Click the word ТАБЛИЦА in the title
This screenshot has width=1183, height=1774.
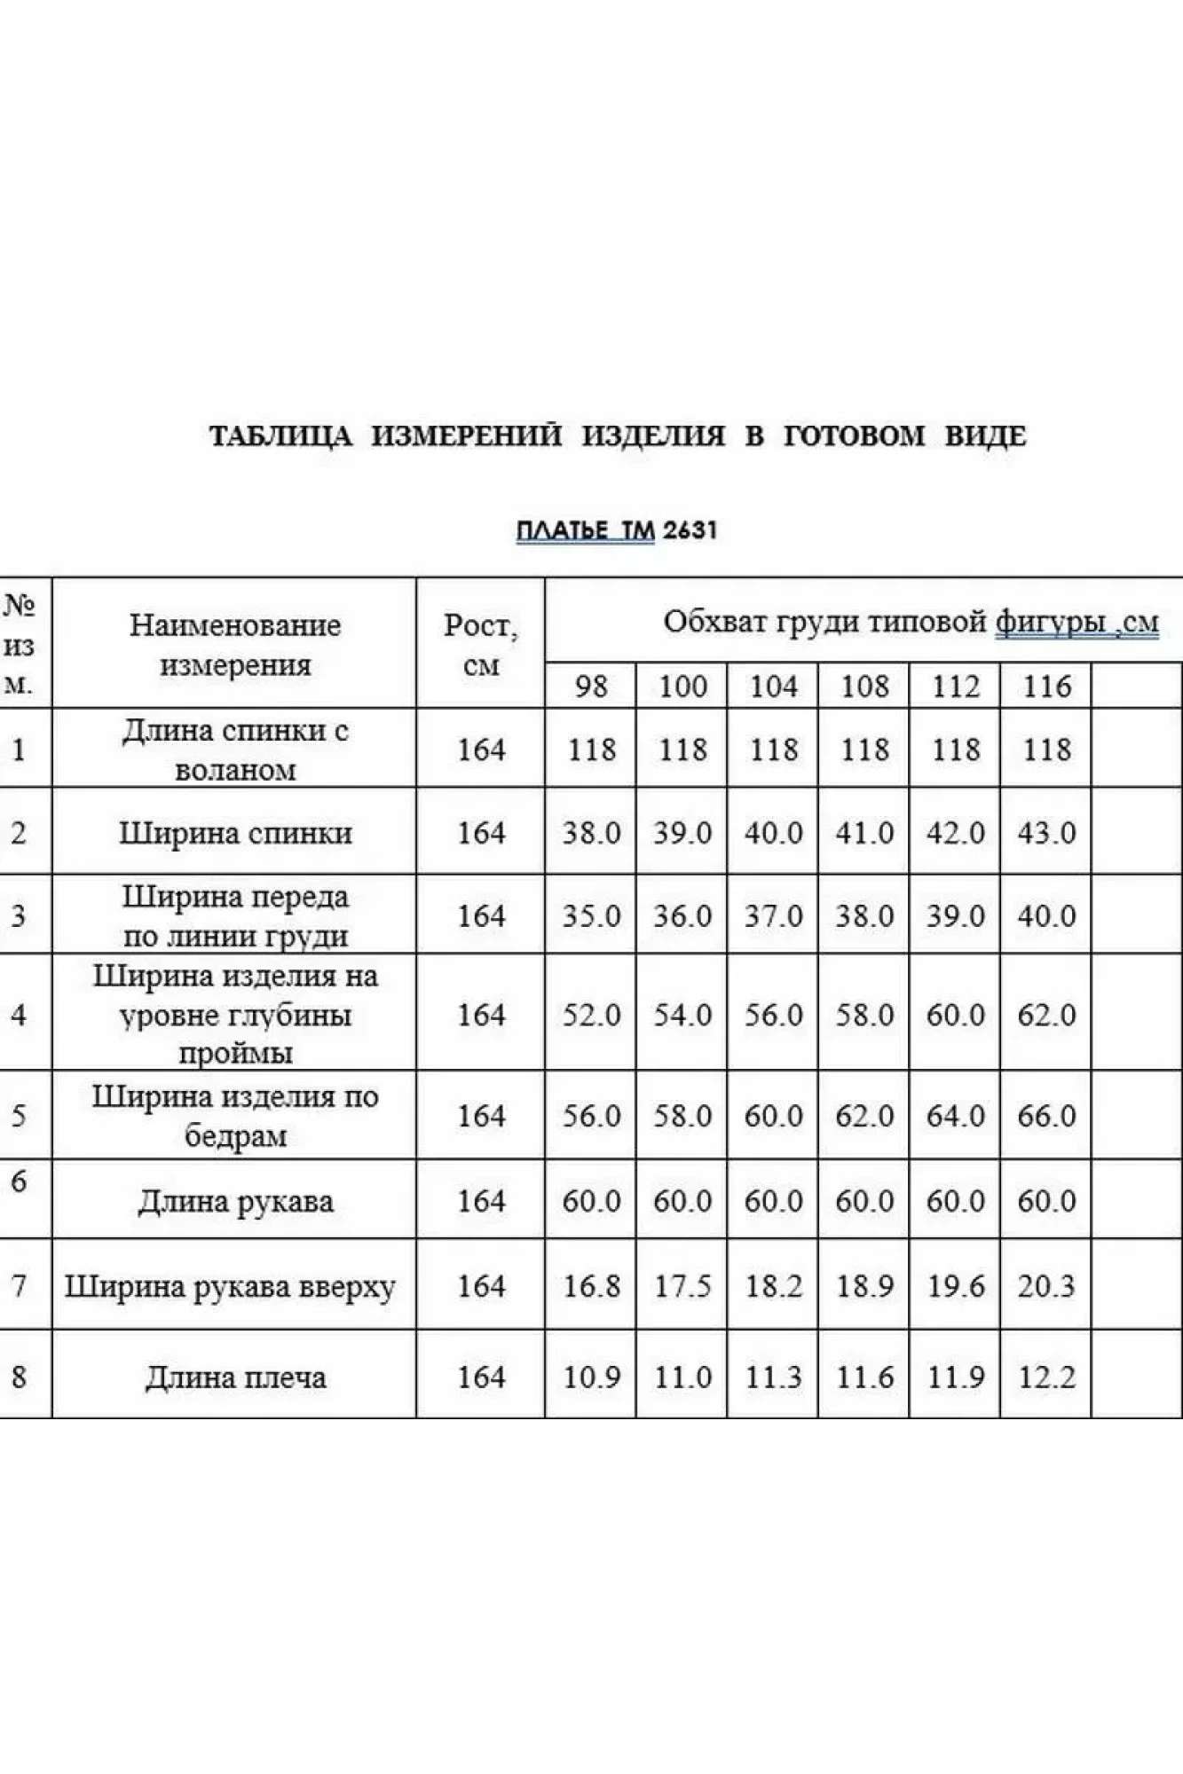tap(280, 436)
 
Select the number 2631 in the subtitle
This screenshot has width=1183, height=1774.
tap(690, 530)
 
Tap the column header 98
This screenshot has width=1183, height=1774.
tap(591, 686)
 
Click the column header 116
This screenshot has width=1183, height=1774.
tap(1046, 686)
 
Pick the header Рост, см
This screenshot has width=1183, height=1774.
tap(480, 644)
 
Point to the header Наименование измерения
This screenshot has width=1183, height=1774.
tap(235, 644)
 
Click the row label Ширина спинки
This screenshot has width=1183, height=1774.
tap(235, 833)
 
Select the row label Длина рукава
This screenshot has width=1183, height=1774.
tap(235, 1202)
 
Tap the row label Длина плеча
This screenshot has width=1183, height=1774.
tap(235, 1378)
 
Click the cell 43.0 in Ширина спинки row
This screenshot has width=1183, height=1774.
tap(1046, 833)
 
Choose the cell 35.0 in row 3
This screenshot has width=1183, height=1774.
tap(591, 915)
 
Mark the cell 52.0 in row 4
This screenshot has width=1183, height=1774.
tap(591, 1014)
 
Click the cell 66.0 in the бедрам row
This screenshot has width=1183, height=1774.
tap(1046, 1115)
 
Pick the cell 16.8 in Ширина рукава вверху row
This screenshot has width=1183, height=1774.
tap(591, 1285)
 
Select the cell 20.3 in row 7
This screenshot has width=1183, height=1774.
tap(1046, 1285)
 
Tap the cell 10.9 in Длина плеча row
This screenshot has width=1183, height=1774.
tap(591, 1377)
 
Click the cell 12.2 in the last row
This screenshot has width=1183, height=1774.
tap(1046, 1377)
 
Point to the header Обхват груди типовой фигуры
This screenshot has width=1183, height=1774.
tap(910, 623)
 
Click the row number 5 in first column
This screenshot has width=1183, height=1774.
tap(19, 1115)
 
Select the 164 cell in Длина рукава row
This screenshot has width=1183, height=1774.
tap(480, 1201)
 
